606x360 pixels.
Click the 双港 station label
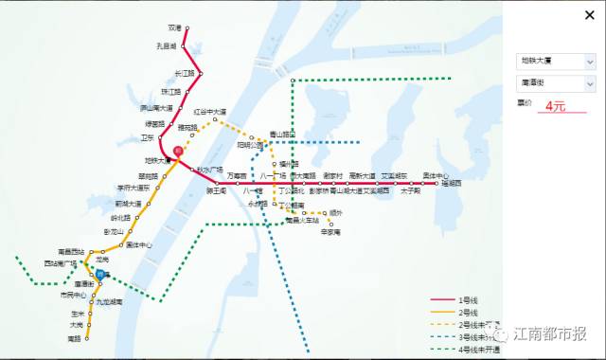point(173,28)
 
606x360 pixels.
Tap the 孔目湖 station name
point(168,45)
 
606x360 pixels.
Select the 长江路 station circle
point(196,72)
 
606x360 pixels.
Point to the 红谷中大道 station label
point(209,112)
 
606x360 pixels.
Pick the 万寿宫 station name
point(236,176)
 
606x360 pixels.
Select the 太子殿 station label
point(409,190)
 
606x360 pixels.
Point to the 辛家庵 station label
point(330,231)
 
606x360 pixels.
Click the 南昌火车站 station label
point(302,221)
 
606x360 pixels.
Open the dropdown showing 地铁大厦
point(556,61)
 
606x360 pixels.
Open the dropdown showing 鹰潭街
point(556,84)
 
